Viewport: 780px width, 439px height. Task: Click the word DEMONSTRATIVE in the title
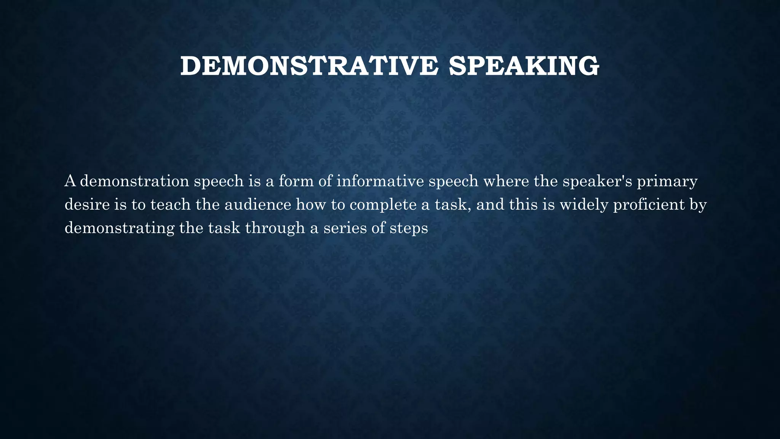[x=309, y=66]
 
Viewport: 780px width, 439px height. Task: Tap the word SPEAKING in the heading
[x=524, y=66]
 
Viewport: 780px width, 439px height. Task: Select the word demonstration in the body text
[x=134, y=181]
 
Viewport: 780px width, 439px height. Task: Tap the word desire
[x=87, y=205]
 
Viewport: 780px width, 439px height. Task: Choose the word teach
[x=170, y=205]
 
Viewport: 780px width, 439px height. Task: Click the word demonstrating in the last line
[x=120, y=229]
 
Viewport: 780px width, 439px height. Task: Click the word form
[x=296, y=181]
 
